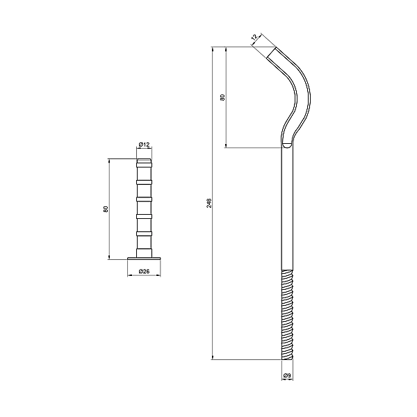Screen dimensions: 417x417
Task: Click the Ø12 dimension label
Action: coord(144,145)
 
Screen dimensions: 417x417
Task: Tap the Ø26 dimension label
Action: coord(144,271)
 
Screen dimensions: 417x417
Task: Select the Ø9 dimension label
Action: coord(288,376)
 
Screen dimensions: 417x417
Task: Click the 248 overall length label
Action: coord(209,203)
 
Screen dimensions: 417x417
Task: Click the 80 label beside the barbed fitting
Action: coord(105,208)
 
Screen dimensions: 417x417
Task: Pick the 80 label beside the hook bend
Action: coord(222,97)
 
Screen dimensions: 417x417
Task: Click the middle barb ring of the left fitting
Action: coord(144,199)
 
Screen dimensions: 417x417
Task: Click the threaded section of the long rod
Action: coord(288,313)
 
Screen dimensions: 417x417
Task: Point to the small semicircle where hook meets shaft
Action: coord(288,145)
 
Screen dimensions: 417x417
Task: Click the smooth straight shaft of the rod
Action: coord(288,208)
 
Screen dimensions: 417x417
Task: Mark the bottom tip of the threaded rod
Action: coord(288,359)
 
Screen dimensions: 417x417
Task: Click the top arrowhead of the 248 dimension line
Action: coord(212,49)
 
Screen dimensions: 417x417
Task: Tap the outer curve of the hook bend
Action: coord(306,90)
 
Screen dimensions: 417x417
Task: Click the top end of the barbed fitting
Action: coord(144,160)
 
